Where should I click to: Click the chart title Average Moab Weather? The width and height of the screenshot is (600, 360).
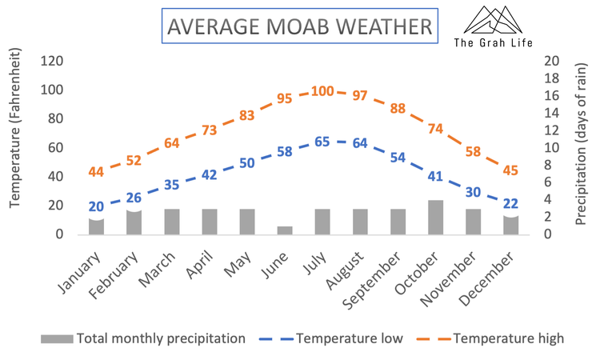point(298,26)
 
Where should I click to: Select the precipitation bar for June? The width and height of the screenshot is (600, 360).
point(285,230)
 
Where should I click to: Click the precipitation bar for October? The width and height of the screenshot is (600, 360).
point(435,217)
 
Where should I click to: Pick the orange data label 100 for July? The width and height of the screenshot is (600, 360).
point(322,91)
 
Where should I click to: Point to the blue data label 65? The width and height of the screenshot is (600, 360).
point(322,142)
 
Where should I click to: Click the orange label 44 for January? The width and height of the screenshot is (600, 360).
point(96,172)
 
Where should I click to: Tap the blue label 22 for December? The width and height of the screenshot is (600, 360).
point(510,203)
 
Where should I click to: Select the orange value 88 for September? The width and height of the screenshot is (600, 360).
point(398,108)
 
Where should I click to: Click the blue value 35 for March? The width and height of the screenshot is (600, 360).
point(171,184)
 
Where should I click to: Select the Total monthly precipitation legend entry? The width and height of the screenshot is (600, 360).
point(144,338)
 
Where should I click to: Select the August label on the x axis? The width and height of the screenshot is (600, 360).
point(346,264)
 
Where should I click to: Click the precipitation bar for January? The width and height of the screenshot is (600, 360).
point(96,226)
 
